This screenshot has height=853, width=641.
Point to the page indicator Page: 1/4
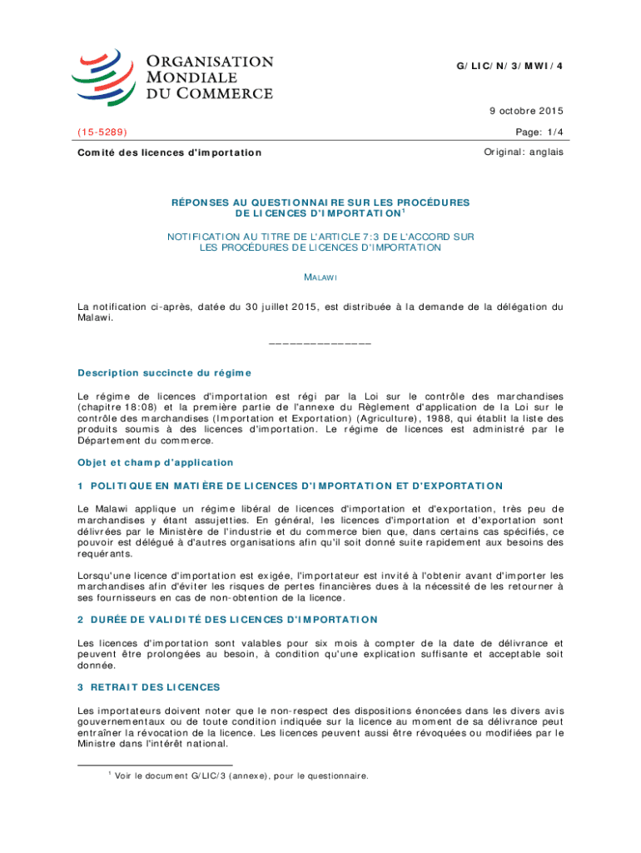[540, 132]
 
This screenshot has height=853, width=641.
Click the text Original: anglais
[524, 152]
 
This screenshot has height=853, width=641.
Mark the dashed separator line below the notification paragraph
[320, 342]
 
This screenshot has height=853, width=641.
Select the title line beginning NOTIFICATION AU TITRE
[320, 237]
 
